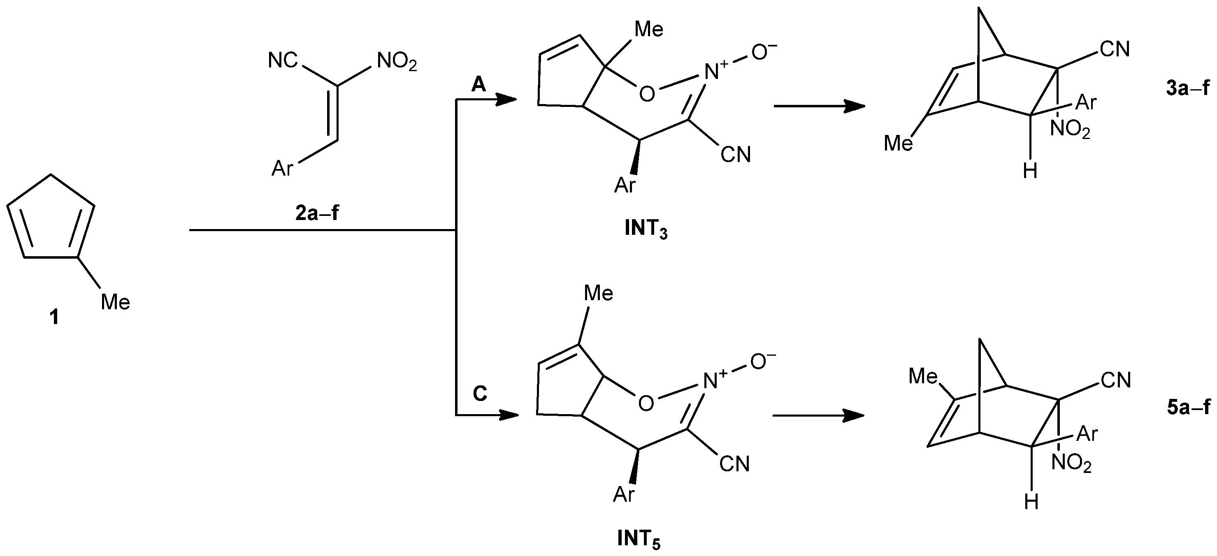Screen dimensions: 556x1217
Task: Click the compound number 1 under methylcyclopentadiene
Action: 54,317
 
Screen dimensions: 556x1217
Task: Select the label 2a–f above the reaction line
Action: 317,213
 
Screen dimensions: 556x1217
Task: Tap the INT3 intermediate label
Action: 646,229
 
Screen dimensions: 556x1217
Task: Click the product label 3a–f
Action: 1188,88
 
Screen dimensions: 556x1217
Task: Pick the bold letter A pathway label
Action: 478,85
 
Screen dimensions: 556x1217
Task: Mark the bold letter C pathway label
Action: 480,394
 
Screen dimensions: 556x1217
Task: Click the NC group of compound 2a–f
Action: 283,60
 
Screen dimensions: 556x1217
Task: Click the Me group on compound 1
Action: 115,302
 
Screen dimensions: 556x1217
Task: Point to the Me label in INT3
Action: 649,30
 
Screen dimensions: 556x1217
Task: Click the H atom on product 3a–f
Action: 1030,171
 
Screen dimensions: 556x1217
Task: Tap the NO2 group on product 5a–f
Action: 1071,463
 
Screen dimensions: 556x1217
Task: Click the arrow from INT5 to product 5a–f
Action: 818,416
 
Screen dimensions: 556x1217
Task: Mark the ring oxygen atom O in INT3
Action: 647,94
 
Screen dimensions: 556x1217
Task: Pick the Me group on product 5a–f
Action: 923,377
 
